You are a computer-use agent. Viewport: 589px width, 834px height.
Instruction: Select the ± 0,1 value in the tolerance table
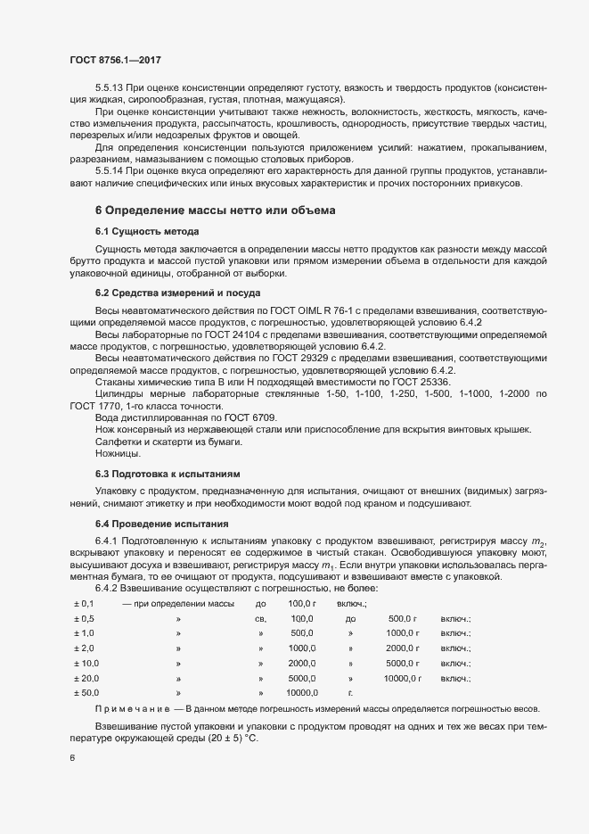tap(83, 605)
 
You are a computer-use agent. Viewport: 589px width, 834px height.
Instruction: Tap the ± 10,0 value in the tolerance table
tap(86, 663)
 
